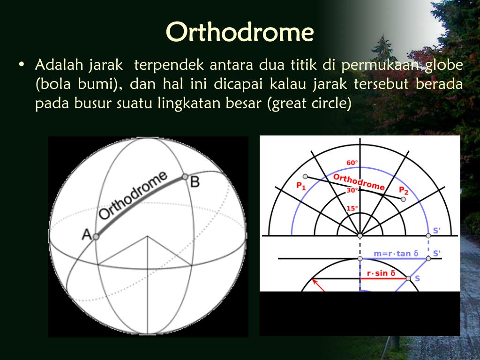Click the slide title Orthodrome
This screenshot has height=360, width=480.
click(240, 32)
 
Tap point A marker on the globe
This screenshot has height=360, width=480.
click(96, 237)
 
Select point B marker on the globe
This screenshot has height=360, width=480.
click(185, 177)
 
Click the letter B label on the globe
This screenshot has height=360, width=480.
click(195, 182)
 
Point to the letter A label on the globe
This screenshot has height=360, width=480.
click(87, 235)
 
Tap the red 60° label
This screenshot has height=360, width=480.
click(352, 163)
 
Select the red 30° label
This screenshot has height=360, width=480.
click(352, 190)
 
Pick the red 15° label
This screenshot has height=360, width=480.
click(352, 209)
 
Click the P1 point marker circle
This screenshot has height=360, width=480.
click(305, 177)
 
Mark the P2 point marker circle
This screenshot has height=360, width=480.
click(403, 199)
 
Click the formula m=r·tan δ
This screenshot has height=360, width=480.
click(396, 254)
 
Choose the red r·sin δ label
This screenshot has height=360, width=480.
click(381, 273)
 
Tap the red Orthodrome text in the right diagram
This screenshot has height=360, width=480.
click(359, 182)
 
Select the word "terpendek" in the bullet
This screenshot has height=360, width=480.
click(169, 65)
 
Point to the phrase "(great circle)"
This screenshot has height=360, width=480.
click(309, 104)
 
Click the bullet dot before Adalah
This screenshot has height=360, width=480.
click(21, 65)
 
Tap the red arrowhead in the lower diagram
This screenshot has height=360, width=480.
click(315, 281)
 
